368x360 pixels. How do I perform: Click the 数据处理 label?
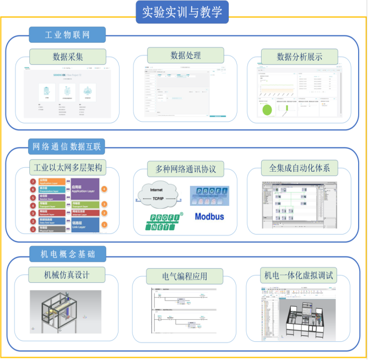click(x=186, y=55)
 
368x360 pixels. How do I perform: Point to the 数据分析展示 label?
click(x=300, y=57)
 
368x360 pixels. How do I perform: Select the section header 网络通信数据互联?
click(x=67, y=146)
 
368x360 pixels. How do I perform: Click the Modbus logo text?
click(x=209, y=216)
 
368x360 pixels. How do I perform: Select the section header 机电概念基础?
click(x=67, y=253)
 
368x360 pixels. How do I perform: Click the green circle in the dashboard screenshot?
click(x=268, y=108)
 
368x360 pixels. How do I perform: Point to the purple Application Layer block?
click(x=85, y=188)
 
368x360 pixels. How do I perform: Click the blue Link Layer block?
click(x=85, y=225)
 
